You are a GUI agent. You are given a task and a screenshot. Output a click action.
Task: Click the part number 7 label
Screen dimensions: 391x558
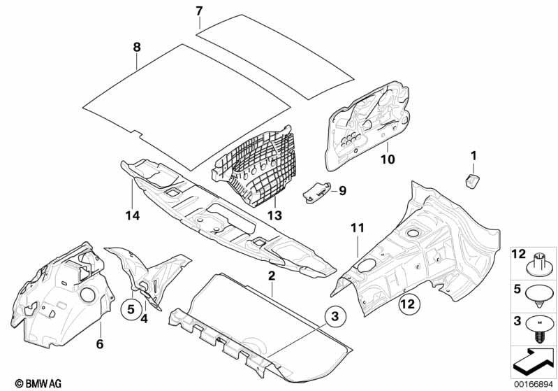[x=198, y=11]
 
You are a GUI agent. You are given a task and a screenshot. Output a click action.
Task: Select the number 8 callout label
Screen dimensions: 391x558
[x=137, y=47]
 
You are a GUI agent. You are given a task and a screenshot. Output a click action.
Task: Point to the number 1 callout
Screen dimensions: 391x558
[x=473, y=155]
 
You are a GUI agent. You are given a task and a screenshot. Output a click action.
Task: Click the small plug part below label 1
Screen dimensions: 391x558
[x=471, y=180]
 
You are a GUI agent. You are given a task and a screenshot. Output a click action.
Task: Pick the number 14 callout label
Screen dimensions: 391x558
[x=133, y=216]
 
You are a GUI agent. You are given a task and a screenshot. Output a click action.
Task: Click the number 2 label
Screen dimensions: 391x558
[x=271, y=277]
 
